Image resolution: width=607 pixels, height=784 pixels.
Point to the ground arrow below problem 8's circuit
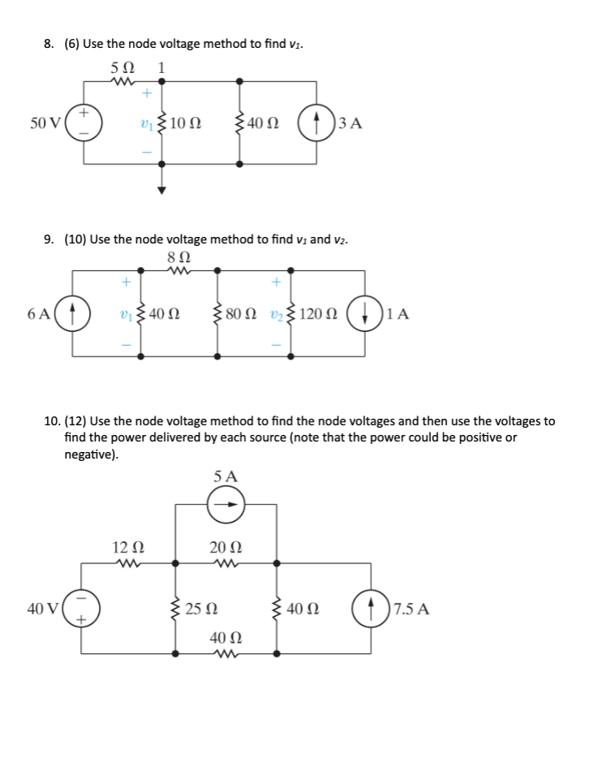pyautogui.click(x=161, y=190)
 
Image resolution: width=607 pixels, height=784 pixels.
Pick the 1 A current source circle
pyautogui.click(x=363, y=313)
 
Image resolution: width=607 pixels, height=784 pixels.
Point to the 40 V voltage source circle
pyautogui.click(x=81, y=609)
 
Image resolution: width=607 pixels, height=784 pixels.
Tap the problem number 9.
pyautogui.click(x=49, y=239)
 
